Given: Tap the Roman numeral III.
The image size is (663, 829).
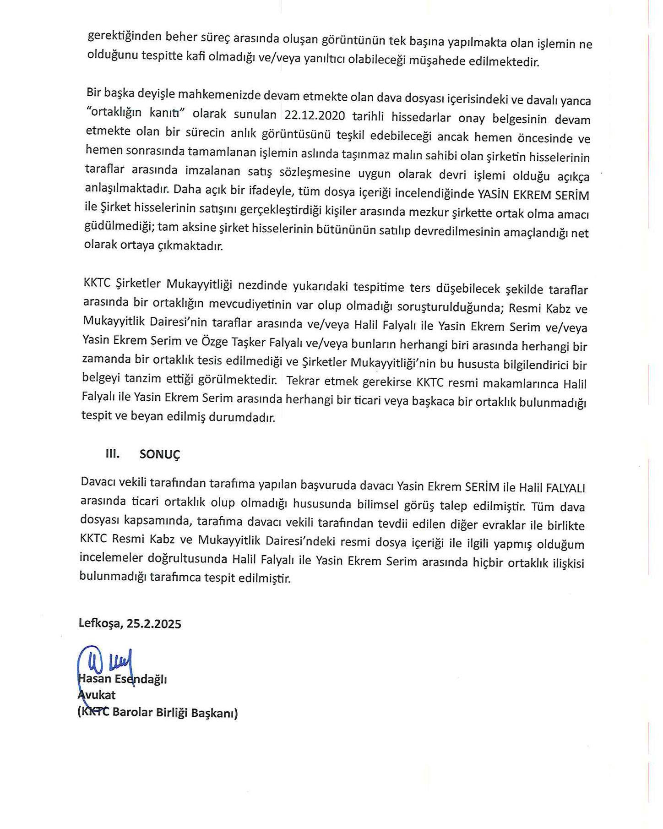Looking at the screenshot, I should point(113,453).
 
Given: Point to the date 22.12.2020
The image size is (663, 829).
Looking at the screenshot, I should point(315,115).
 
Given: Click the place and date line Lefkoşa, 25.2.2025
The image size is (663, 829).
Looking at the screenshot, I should point(130,623).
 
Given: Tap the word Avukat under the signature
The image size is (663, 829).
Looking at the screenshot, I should point(97,695).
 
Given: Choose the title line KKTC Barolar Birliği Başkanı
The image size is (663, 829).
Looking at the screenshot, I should point(158,713).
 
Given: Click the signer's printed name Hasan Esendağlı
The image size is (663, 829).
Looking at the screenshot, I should point(123,679).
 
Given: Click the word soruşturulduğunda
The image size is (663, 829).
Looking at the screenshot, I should point(442,306).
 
